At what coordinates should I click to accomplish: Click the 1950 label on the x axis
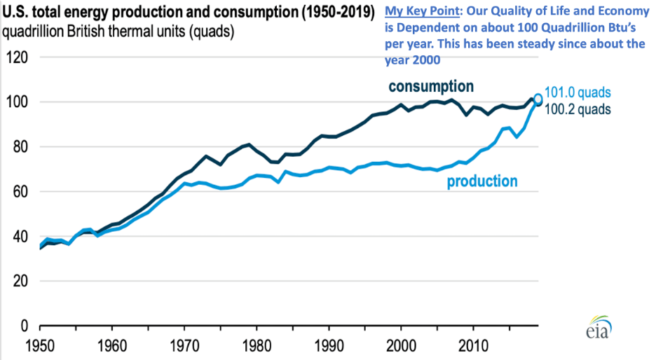pyautogui.click(x=40, y=345)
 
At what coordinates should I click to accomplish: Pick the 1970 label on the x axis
pyautogui.click(x=184, y=345)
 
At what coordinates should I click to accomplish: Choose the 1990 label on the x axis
pyautogui.click(x=329, y=345)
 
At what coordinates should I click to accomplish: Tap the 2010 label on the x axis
pyautogui.click(x=473, y=345)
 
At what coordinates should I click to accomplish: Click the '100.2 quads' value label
pyautogui.click(x=579, y=109)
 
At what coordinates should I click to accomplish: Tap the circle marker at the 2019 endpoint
pyautogui.click(x=538, y=99)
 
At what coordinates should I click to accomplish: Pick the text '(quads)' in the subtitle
pyautogui.click(x=213, y=32)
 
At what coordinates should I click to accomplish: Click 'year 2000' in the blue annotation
pyautogui.click(x=414, y=60)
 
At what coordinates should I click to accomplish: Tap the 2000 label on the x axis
pyautogui.click(x=401, y=345)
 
